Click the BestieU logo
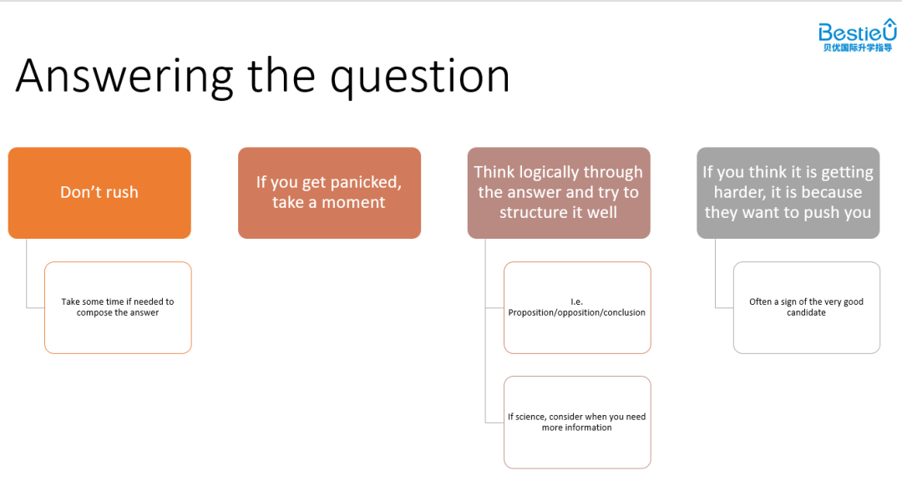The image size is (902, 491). pyautogui.click(x=857, y=35)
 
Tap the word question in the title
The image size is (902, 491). pyautogui.click(x=420, y=78)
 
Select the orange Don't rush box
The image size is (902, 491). pyautogui.click(x=99, y=193)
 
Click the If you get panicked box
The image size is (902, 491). pyautogui.click(x=330, y=193)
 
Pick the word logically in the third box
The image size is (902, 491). pyautogui.click(x=558, y=173)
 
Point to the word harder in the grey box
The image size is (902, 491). pyautogui.click(x=739, y=192)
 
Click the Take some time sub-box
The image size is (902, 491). pyautogui.click(x=118, y=307)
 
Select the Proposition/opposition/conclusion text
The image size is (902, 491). pyautogui.click(x=577, y=313)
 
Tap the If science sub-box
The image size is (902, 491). pyautogui.click(x=578, y=422)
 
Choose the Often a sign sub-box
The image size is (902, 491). pyautogui.click(x=807, y=307)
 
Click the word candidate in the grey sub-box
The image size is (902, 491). pyautogui.click(x=807, y=313)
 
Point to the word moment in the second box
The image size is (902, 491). pyautogui.click(x=353, y=202)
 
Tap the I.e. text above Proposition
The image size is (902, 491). pyautogui.click(x=577, y=301)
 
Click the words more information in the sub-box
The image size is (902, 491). pyautogui.click(x=577, y=428)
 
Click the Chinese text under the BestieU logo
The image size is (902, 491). pyautogui.click(x=858, y=48)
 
